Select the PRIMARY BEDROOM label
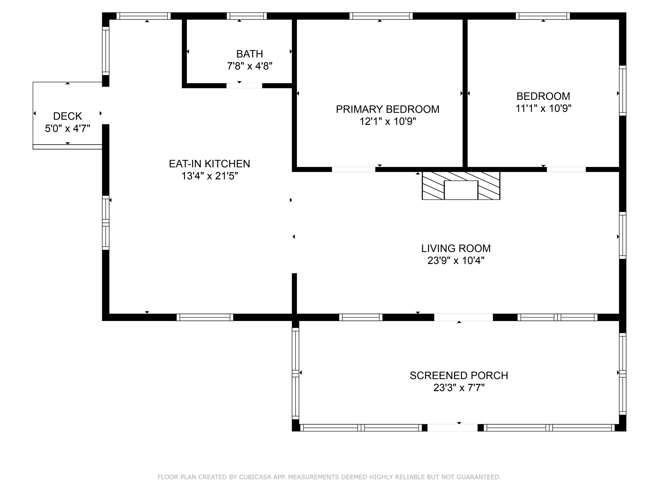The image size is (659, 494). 387,109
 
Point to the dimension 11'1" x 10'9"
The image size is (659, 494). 543,108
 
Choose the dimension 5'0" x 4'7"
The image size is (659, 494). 67,129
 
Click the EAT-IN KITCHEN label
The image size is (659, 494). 209,164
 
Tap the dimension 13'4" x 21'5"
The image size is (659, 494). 209,176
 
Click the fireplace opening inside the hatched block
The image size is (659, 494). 461,190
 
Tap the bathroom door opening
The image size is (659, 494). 244,86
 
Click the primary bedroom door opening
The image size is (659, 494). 353,169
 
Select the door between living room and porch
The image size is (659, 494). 463,317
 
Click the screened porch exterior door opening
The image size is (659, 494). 452,428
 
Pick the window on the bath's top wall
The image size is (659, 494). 246,16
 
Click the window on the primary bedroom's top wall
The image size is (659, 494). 381,16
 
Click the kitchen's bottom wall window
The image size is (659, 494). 205,317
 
